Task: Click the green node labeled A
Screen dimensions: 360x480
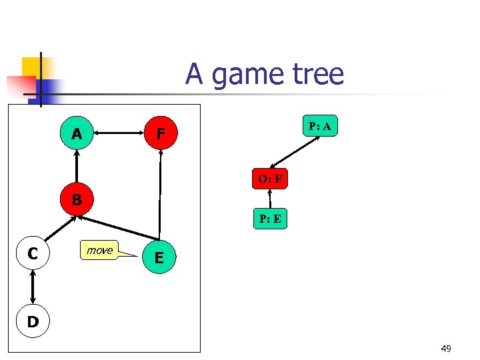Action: pos(77,134)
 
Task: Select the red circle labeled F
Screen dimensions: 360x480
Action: pos(160,134)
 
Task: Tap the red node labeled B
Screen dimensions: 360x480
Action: pos(77,199)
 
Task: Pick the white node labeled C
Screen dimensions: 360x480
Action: pos(33,253)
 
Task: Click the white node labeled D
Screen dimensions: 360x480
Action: pos(33,322)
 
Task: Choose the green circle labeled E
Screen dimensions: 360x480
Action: pos(159,257)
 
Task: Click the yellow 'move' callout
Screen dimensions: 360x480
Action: pos(100,250)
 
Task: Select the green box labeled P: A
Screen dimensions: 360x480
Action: pos(319,126)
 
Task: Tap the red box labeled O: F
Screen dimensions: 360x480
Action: pos(269,179)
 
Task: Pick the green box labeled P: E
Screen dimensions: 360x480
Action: pos(270,219)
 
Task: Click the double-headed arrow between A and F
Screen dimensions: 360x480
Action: pos(118,134)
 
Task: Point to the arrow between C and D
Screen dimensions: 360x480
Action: pos(33,287)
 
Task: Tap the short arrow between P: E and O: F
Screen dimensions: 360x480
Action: pos(270,199)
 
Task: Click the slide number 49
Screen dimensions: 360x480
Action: pos(446,348)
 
